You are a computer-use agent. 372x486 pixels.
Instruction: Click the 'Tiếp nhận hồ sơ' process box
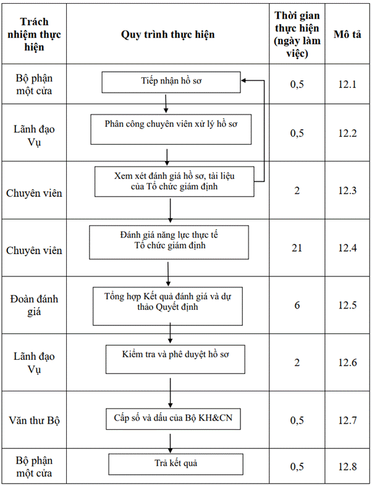[x=171, y=82]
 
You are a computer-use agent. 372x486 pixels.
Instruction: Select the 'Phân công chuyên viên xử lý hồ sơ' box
[x=171, y=129]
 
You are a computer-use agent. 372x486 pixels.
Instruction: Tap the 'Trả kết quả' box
[x=175, y=464]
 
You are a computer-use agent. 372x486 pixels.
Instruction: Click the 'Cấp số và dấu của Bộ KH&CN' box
[x=173, y=419]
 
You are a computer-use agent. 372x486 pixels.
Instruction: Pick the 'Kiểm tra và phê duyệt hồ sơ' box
[x=175, y=359]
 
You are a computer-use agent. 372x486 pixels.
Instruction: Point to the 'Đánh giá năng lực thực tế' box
[x=169, y=242]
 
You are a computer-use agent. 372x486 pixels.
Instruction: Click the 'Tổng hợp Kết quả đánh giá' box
[x=167, y=306]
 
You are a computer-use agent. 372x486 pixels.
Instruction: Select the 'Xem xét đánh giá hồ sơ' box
[x=174, y=182]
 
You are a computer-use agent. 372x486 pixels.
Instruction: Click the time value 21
[x=297, y=248]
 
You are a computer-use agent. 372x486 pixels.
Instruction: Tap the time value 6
[x=297, y=305]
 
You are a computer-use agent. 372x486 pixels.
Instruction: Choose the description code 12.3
[x=347, y=190]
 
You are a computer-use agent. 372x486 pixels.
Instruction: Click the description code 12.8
[x=347, y=466]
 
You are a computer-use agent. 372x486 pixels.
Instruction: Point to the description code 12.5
[x=347, y=305]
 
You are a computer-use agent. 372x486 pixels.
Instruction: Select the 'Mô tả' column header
[x=347, y=34]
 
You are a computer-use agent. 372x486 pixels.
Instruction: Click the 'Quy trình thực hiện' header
[x=167, y=34]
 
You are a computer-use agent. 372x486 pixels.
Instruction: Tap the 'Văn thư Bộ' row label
[x=34, y=420]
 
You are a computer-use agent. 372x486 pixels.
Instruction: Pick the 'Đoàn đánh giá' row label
[x=34, y=305]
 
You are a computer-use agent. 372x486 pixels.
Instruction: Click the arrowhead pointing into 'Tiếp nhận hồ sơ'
[x=243, y=80]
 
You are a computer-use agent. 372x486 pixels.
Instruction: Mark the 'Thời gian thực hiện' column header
[x=297, y=34]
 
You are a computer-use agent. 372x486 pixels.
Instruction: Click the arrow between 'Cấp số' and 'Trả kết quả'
[x=171, y=443]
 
